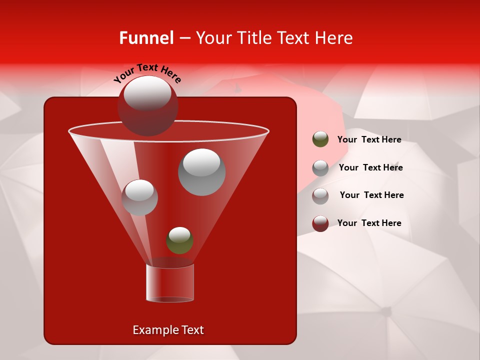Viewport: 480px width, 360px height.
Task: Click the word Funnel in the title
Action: (146, 38)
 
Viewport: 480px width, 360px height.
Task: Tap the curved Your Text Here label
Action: (147, 73)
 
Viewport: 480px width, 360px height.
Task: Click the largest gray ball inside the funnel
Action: (201, 172)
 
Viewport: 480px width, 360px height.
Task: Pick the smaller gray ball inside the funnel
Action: (139, 197)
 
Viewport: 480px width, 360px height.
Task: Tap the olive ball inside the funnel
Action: (179, 241)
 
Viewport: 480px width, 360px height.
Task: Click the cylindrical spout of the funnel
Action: (169, 283)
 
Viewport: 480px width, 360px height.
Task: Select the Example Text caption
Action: (168, 330)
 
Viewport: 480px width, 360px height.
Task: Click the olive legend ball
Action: (320, 139)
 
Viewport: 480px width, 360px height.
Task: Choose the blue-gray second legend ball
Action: (320, 168)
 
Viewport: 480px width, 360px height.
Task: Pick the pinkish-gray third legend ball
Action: (320, 195)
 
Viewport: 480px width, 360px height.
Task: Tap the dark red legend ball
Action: (320, 223)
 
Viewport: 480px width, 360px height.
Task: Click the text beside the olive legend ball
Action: (369, 139)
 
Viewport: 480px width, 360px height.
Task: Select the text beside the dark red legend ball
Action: (369, 223)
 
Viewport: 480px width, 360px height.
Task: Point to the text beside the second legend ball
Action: (370, 167)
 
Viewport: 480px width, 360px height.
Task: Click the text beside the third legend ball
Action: (371, 195)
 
